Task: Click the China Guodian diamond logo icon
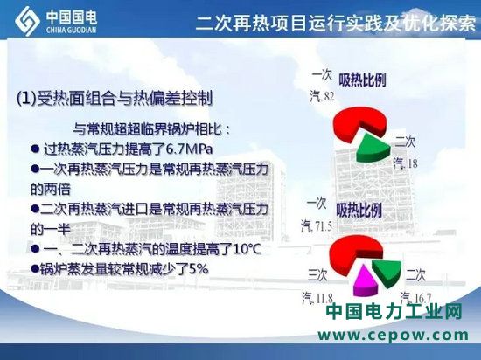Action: click(27, 20)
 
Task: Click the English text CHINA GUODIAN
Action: click(72, 30)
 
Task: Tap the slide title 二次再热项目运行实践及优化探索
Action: click(336, 23)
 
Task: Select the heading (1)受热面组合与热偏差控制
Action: click(114, 99)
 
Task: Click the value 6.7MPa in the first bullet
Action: click(189, 149)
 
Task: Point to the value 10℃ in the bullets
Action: click(247, 249)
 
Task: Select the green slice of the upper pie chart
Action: click(373, 149)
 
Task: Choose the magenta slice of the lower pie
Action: click(365, 281)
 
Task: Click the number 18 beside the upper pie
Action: click(411, 163)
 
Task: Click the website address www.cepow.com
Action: click(393, 335)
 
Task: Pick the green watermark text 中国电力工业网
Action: click(394, 312)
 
